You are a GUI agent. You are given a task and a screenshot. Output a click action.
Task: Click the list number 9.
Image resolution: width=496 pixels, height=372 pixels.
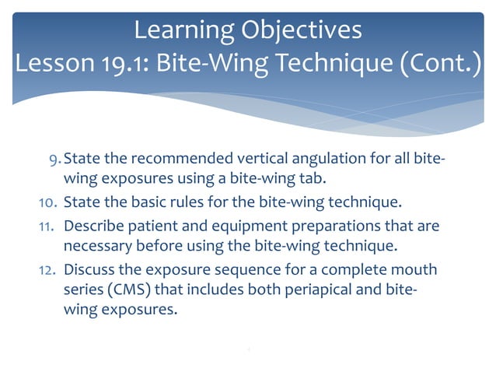(x=53, y=160)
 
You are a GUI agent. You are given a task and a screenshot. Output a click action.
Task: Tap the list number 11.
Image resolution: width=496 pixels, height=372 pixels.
(x=47, y=226)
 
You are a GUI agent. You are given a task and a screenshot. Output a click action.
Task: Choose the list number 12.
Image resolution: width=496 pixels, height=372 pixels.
(x=47, y=270)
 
